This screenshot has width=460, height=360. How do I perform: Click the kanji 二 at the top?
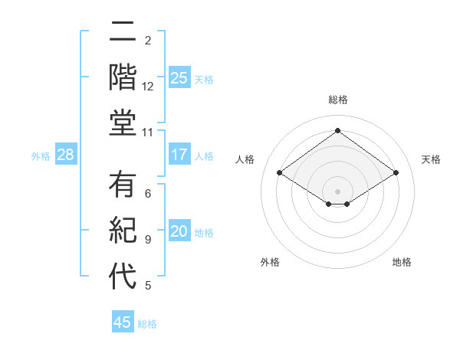[x=123, y=34]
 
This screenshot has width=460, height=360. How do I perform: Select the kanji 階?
[x=123, y=78]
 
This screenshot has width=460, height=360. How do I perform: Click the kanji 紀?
[x=123, y=231]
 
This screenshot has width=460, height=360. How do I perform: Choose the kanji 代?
[x=123, y=275]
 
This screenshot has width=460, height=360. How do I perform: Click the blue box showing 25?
[x=179, y=77]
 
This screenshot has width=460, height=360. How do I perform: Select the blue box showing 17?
[x=179, y=155]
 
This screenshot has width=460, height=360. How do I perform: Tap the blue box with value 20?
[x=179, y=232]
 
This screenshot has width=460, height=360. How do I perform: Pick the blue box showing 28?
[x=66, y=155]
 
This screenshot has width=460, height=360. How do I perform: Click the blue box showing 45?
[x=123, y=322]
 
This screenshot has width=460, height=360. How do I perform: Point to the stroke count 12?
[x=148, y=87]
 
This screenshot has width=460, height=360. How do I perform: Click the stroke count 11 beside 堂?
[x=149, y=133]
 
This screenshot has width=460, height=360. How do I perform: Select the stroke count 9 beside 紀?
[x=148, y=240]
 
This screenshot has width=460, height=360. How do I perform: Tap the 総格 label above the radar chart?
[x=338, y=100]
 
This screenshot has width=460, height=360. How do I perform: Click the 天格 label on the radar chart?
[x=432, y=159]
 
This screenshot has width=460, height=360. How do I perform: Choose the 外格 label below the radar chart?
[x=270, y=262]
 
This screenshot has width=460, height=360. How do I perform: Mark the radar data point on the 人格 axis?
[x=280, y=173]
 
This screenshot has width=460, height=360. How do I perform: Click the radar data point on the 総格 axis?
[x=338, y=131]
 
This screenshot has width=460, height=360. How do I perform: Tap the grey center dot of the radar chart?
[x=338, y=190]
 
